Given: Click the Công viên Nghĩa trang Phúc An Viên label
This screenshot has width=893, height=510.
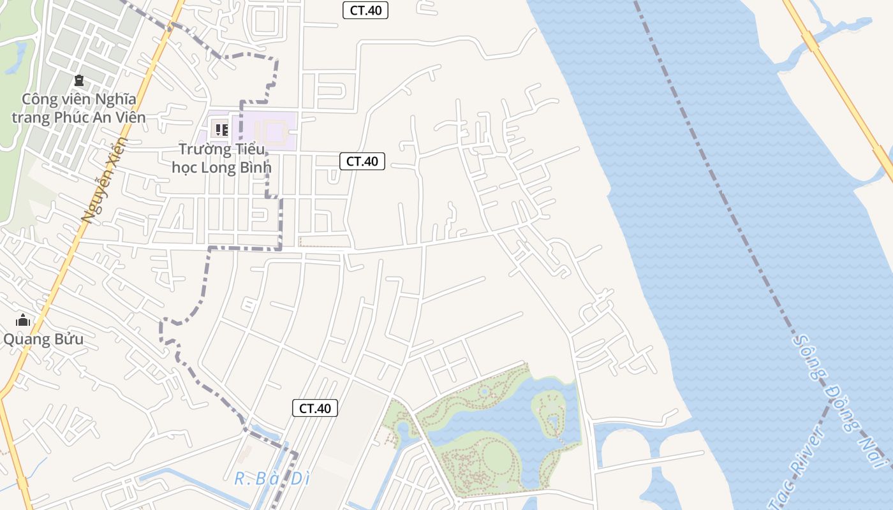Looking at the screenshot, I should [x=78, y=108].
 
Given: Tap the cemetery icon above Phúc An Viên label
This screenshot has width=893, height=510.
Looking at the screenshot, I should [x=78, y=80].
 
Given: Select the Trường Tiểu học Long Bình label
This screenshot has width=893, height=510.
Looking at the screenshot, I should [x=222, y=158].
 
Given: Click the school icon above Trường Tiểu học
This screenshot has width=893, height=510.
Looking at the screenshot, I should [x=221, y=130].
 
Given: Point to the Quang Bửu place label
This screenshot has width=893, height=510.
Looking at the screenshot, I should [x=43, y=339].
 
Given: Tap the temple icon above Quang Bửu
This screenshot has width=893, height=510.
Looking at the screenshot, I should [x=23, y=320].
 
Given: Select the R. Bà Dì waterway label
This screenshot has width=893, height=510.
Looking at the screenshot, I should [x=272, y=479].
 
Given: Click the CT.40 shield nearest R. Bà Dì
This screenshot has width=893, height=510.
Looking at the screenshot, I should [x=315, y=409].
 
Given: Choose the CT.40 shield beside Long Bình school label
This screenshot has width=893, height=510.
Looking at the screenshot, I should [x=362, y=161].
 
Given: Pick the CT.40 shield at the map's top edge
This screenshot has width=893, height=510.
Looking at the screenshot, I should [x=365, y=10].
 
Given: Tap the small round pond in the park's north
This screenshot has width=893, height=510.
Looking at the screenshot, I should [x=484, y=390].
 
